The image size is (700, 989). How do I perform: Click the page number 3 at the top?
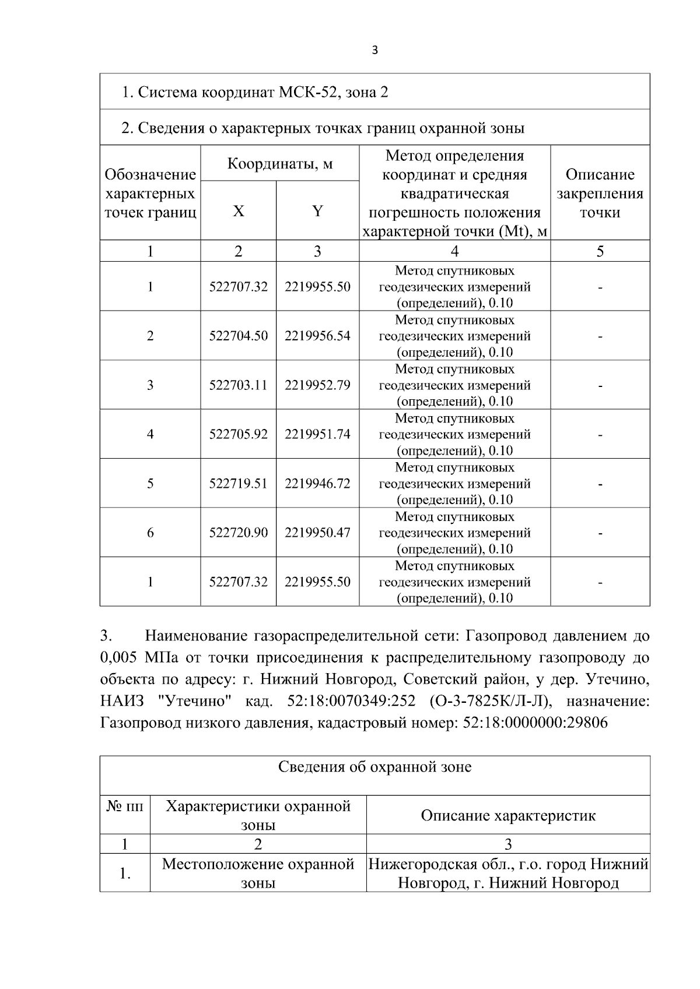(x=374, y=51)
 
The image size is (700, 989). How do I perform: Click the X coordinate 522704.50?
(x=238, y=336)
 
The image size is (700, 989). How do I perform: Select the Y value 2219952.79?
(x=317, y=385)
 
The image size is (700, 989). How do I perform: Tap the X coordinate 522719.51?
(x=238, y=483)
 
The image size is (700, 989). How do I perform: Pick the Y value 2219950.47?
(x=317, y=533)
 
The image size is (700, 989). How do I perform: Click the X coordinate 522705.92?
(x=238, y=434)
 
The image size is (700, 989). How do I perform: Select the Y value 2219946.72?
(x=317, y=483)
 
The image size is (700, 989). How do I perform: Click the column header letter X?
(x=238, y=211)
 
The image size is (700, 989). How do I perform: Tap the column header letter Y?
(x=317, y=211)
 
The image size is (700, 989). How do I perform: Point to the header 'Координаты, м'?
(x=279, y=163)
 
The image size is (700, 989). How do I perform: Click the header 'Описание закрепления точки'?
(x=600, y=193)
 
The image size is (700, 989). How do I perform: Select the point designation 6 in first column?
(x=150, y=533)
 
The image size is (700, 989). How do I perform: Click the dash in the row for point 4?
(x=600, y=435)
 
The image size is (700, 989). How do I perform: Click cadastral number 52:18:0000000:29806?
(x=534, y=723)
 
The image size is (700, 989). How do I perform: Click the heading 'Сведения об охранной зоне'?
(x=374, y=767)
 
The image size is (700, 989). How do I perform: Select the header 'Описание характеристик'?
(x=508, y=815)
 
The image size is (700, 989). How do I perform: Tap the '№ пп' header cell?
(x=125, y=807)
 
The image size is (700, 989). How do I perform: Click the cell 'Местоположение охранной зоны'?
(x=258, y=873)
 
